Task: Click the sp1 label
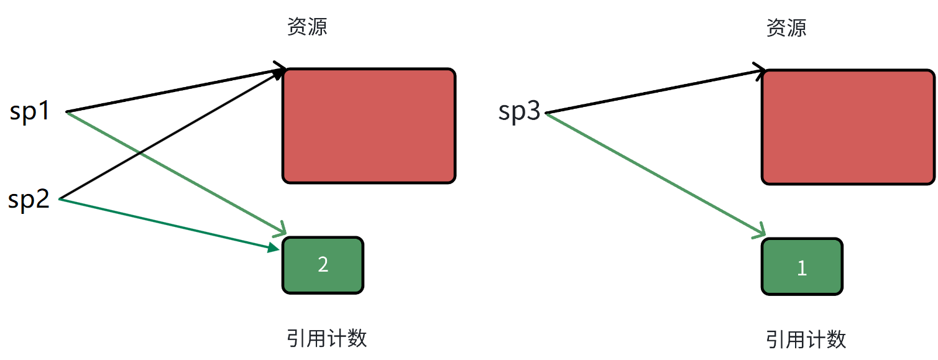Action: pyautogui.click(x=29, y=113)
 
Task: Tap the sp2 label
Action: pyautogui.click(x=29, y=200)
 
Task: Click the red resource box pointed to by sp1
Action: pyautogui.click(x=369, y=126)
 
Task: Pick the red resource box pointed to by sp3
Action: pyautogui.click(x=848, y=127)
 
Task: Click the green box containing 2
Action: pyautogui.click(x=323, y=265)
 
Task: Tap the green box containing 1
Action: pyautogui.click(x=802, y=267)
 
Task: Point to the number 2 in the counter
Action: pyautogui.click(x=323, y=265)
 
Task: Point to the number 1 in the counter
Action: pyautogui.click(x=802, y=268)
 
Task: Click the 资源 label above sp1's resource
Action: pyautogui.click(x=307, y=27)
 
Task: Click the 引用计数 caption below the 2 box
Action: pyautogui.click(x=327, y=338)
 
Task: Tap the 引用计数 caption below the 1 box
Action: pyautogui.click(x=806, y=339)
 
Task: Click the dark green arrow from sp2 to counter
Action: pyautogui.click(x=168, y=224)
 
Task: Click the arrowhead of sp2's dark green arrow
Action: pyautogui.click(x=274, y=249)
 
